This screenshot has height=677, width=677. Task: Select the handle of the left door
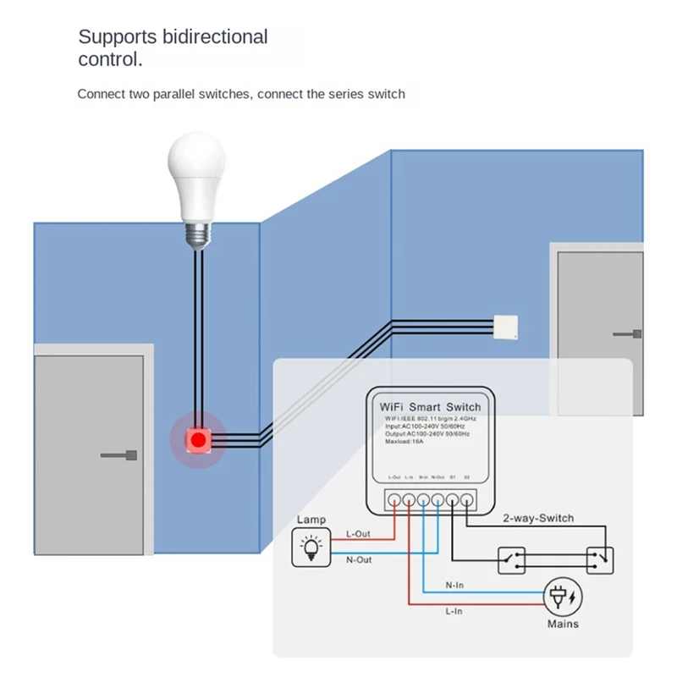[x=118, y=455]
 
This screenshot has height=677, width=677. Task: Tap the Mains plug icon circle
[x=564, y=597]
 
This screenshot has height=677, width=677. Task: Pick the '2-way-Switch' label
[x=538, y=518]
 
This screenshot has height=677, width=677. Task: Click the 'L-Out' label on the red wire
[x=360, y=534]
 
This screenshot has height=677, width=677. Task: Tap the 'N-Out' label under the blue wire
[x=360, y=559]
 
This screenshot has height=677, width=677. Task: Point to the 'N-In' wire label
[x=455, y=585]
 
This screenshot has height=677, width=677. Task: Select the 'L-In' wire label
[x=455, y=611]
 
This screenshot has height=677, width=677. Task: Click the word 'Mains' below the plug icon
[x=563, y=624]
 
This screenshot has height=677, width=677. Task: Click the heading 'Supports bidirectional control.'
[x=173, y=48]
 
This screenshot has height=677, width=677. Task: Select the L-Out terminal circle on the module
[x=394, y=499]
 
